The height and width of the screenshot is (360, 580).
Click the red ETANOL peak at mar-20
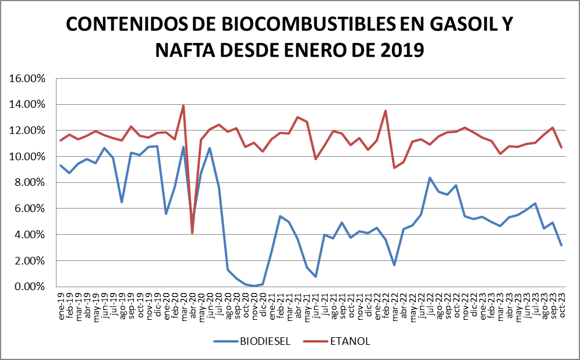(183, 105)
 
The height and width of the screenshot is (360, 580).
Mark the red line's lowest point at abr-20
(192, 233)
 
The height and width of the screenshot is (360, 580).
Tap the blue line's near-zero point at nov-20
(254, 286)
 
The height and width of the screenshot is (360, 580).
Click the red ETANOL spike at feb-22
(385, 111)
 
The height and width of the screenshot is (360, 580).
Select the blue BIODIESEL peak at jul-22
(429, 178)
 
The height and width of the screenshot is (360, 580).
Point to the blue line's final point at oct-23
(561, 245)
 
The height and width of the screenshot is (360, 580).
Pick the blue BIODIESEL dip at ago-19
(122, 202)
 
